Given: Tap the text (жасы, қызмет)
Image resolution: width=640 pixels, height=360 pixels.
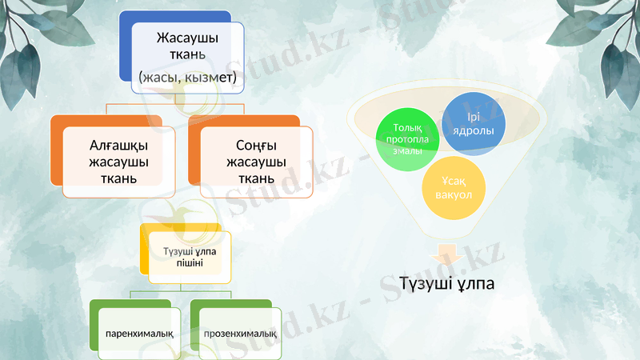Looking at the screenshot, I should click(x=187, y=78).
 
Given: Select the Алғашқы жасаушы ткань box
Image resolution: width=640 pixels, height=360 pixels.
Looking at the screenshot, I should click(x=118, y=161).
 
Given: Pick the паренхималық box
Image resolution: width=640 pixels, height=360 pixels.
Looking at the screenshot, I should click(x=138, y=331).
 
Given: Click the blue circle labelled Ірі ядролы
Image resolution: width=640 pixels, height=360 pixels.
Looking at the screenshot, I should click(x=474, y=124).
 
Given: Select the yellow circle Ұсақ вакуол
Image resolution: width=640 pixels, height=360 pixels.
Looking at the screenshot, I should click(x=454, y=188).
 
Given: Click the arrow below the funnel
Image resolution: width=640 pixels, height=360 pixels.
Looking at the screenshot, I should click(x=444, y=254).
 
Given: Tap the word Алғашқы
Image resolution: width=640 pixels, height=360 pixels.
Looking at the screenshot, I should click(x=118, y=145).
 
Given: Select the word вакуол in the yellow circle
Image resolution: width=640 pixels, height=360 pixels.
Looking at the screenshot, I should click(x=454, y=195).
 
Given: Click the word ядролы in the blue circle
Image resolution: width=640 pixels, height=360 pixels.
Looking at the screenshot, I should click(x=474, y=130).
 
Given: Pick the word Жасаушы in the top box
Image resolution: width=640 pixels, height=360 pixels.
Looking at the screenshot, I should click(x=188, y=38).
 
